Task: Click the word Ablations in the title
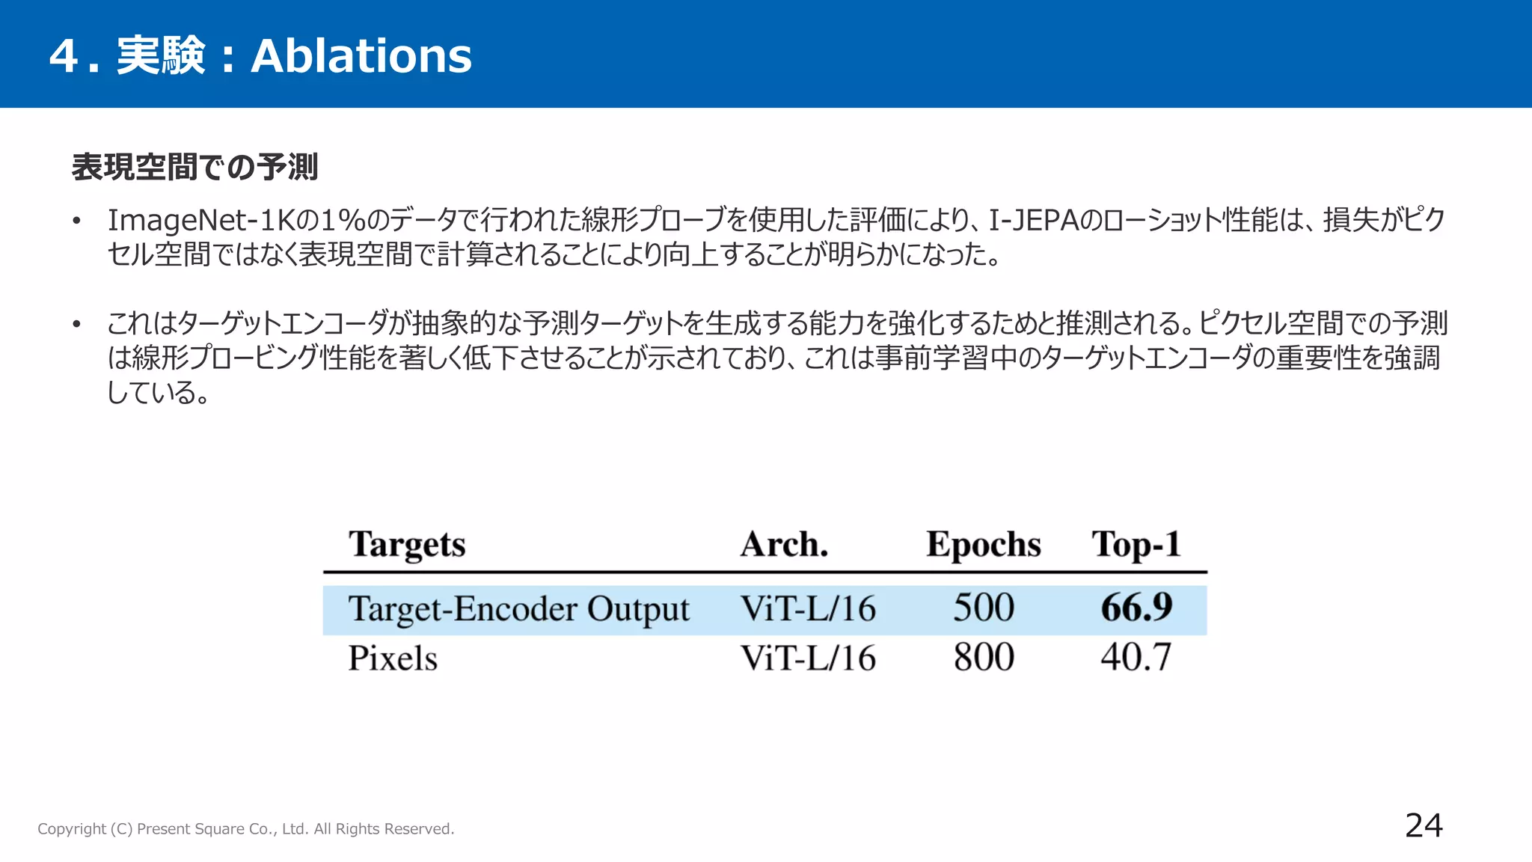(x=361, y=56)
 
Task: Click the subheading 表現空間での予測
(x=194, y=167)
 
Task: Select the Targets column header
(x=407, y=545)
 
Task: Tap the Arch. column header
(x=784, y=544)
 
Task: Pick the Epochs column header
(x=983, y=544)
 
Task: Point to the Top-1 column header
(x=1136, y=544)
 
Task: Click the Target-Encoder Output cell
(x=518, y=609)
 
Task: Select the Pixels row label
(x=393, y=658)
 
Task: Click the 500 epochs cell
(x=983, y=608)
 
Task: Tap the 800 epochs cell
(x=983, y=658)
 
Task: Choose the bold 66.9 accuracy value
(x=1136, y=608)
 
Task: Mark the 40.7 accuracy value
(x=1136, y=658)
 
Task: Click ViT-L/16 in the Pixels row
(x=808, y=658)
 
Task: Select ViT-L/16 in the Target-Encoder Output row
(x=808, y=608)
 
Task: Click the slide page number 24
(x=1424, y=825)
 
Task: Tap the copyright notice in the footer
(x=246, y=829)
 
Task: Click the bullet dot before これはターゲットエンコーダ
(x=76, y=325)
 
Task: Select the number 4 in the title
(x=64, y=56)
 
